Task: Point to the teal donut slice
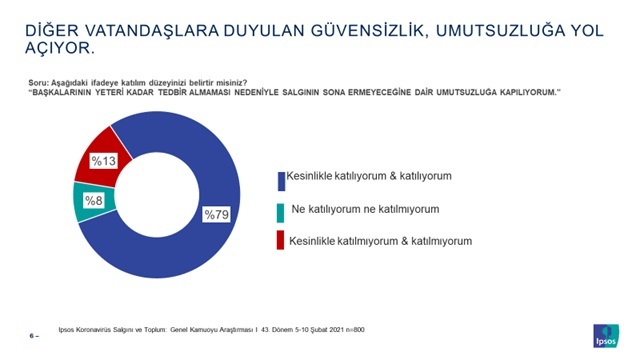click(x=84, y=202)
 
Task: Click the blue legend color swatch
click(x=280, y=178)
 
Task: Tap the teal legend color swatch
click(x=280, y=210)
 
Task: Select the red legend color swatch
click(x=280, y=241)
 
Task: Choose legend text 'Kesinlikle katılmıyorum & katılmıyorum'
click(x=380, y=241)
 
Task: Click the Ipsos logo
click(x=607, y=333)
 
